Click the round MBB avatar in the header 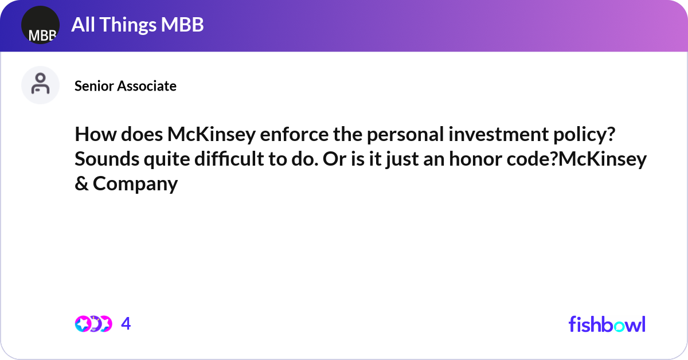[x=40, y=25]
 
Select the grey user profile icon [x=40, y=85]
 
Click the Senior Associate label [x=126, y=86]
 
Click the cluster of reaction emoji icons [x=93, y=324]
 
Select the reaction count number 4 [x=126, y=324]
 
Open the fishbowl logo [x=607, y=324]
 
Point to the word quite [x=163, y=159]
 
